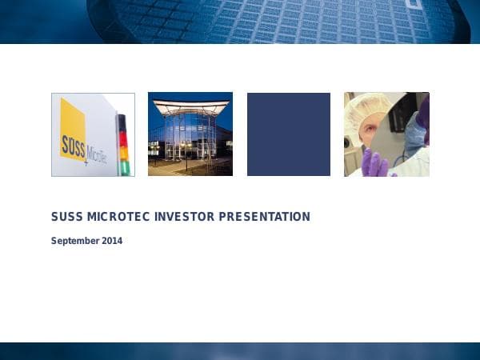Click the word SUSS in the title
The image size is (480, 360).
tap(65, 217)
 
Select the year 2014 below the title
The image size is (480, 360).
tap(112, 240)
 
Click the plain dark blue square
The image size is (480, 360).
tap(288, 134)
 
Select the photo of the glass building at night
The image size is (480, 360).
tap(190, 134)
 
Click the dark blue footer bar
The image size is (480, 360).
tap(240, 351)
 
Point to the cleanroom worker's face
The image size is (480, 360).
tap(365, 132)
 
